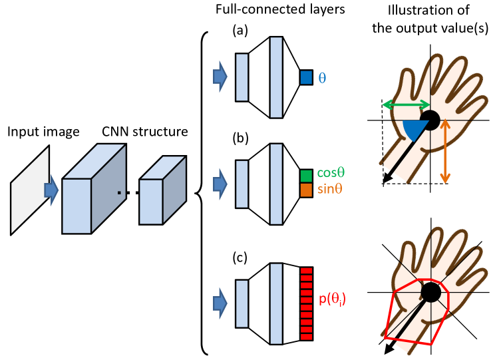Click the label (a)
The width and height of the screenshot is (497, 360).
(240, 30)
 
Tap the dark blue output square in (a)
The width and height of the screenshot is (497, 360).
(306, 77)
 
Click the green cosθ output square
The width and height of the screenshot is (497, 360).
(306, 175)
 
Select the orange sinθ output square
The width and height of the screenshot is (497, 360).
(306, 190)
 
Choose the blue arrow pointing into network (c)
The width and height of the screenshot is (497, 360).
(220, 303)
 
